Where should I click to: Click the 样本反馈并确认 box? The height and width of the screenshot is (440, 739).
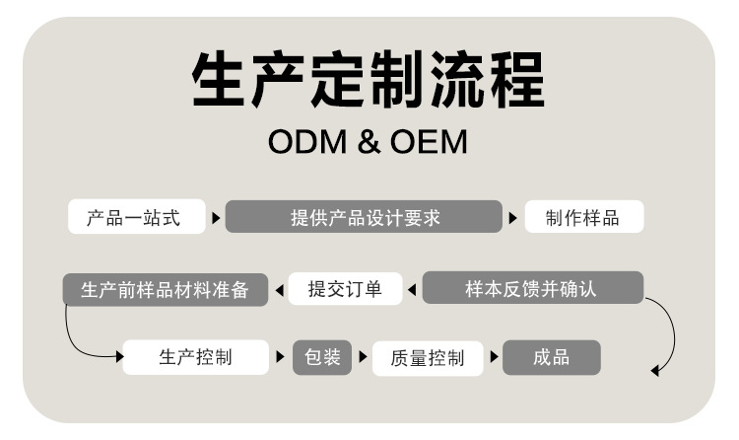pyautogui.click(x=532, y=289)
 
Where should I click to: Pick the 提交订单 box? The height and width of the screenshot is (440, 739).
pyautogui.click(x=345, y=289)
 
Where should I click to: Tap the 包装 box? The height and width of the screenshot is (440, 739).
pyautogui.click(x=322, y=357)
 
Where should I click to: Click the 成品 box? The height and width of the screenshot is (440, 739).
pyautogui.click(x=552, y=357)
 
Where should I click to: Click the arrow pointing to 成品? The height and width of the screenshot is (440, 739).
pyautogui.click(x=494, y=358)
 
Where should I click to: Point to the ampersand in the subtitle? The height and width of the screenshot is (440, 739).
pyautogui.click(x=368, y=142)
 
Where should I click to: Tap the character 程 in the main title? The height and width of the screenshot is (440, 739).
pyautogui.click(x=514, y=79)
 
